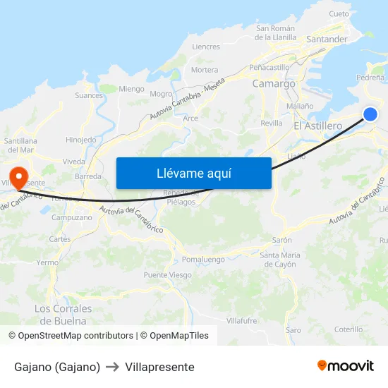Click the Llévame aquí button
click(x=194, y=173)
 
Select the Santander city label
click(x=327, y=40)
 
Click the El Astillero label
click(x=317, y=126)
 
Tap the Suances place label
click(x=89, y=95)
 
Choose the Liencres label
click(x=206, y=47)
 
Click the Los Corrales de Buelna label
click(x=63, y=315)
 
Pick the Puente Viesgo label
click(x=167, y=275)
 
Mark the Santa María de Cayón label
click(x=280, y=259)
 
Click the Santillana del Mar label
click(x=29, y=145)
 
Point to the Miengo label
click(x=131, y=89)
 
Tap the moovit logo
click(x=345, y=365)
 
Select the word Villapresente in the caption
click(x=159, y=367)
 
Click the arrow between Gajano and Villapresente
click(x=113, y=367)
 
